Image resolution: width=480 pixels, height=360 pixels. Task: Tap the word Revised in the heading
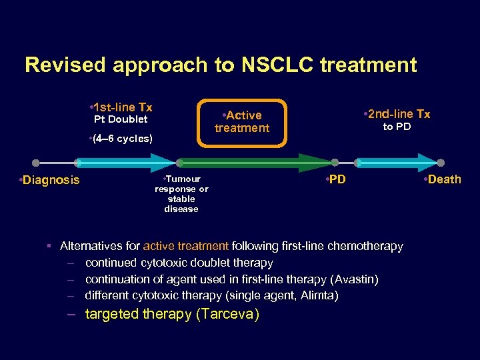[x=65, y=65]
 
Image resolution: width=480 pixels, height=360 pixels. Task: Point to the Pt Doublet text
[x=120, y=119]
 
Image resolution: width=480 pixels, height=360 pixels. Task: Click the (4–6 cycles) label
[x=120, y=139]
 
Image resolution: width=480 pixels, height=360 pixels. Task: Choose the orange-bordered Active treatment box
[x=241, y=121]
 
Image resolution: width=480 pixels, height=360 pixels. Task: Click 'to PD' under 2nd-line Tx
[x=397, y=127]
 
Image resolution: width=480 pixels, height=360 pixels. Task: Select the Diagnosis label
[x=49, y=180]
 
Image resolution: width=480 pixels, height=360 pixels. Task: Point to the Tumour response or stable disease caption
[x=181, y=194]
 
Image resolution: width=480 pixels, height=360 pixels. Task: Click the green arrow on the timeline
[x=253, y=163]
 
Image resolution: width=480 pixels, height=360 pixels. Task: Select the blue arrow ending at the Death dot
[x=397, y=163]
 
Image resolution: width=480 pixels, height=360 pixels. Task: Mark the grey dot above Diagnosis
[x=36, y=163]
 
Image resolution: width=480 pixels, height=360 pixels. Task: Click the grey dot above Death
[x=441, y=163]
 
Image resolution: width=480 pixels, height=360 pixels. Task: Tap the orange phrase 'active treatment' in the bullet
[x=185, y=246]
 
